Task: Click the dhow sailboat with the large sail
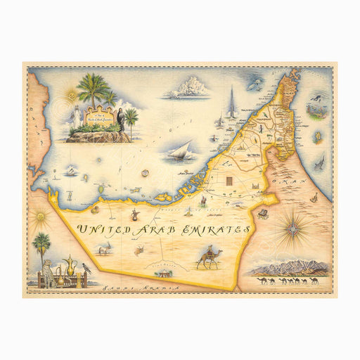[x=181, y=150]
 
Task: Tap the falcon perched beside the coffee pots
[x=85, y=269]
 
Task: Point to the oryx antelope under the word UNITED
[x=105, y=250]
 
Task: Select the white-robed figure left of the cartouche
[x=75, y=117]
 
